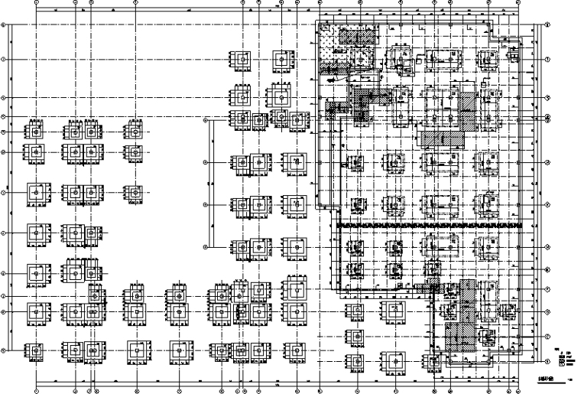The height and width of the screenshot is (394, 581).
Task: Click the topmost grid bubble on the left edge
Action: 4,24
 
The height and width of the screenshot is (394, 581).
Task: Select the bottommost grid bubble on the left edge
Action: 4,351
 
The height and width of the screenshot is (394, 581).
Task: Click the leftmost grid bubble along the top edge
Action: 36,3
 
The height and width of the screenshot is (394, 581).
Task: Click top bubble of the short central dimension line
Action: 206,119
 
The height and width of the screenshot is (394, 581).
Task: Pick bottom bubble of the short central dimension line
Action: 206,246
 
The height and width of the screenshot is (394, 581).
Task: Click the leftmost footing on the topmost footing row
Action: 242,60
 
